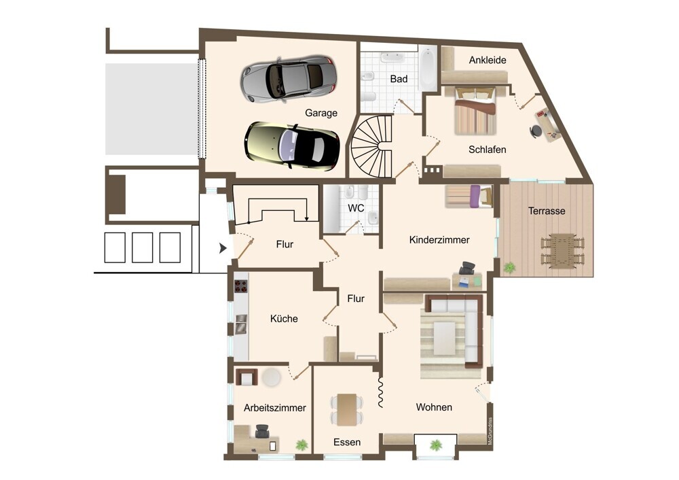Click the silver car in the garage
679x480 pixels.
pos(289,79)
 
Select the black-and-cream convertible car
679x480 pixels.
pos(291,145)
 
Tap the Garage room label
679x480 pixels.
pos(321,113)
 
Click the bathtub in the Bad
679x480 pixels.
pos(428,69)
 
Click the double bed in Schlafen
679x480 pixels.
pos(475,110)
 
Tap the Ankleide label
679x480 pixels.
pos(488,60)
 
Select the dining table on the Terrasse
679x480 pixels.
pos(562,251)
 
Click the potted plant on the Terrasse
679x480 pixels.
pos(510,267)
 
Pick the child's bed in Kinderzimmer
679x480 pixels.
pos(469,196)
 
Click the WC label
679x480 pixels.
pos(356,208)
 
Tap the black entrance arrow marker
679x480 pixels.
pos(223,248)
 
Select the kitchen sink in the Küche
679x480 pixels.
pos(241,324)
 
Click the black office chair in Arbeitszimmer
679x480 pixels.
pos(262,431)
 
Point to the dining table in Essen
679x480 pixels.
pos(347,410)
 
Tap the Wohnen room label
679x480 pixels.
pos(434,407)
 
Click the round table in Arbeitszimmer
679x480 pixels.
pos(272,377)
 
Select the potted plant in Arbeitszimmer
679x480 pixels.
pos(302,445)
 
